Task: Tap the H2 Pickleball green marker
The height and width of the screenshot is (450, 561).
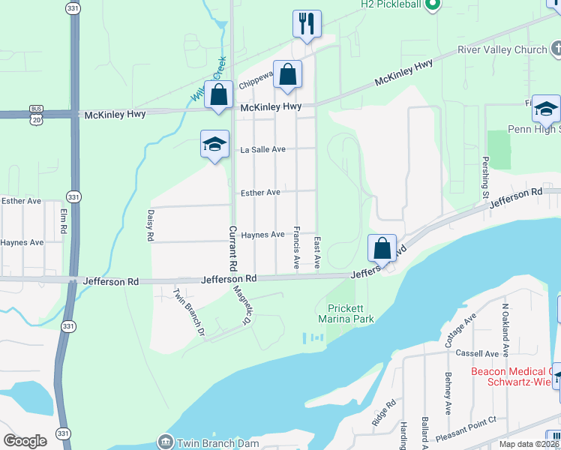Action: coord(431,5)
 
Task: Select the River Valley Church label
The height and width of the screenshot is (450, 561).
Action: coord(502,50)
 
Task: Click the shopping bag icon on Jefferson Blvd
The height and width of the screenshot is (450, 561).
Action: coord(382,248)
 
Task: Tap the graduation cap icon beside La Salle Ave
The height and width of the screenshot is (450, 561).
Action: coord(214,144)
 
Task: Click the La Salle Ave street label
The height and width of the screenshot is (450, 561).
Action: coord(262,149)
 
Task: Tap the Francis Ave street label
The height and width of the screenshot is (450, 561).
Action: coord(297,248)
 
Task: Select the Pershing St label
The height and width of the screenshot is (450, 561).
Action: coord(486,178)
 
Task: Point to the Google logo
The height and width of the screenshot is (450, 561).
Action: coord(25,441)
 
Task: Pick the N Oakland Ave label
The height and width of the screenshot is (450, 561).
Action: coord(505,330)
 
